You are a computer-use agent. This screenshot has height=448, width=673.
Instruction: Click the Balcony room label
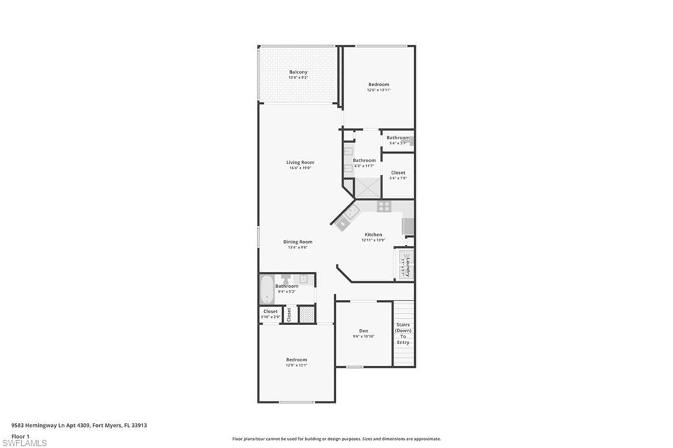point(298,72)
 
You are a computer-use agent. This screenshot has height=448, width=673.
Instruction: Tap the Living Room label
point(300,162)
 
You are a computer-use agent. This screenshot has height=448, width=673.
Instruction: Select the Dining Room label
point(298,242)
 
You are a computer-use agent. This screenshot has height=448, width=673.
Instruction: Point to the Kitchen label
point(373,235)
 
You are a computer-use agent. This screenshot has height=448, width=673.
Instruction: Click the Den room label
point(363,330)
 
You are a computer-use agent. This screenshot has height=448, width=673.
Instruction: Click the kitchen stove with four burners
point(384,207)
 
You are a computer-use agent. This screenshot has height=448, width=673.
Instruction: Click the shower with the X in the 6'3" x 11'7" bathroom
point(368,187)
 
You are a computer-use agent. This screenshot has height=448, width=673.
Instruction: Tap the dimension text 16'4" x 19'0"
point(300,168)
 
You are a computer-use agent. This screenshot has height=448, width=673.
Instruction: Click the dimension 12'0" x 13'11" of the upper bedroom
point(379,90)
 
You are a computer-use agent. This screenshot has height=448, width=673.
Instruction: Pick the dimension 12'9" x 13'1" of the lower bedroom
point(296,365)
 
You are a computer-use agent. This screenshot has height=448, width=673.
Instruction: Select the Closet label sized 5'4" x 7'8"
point(398,173)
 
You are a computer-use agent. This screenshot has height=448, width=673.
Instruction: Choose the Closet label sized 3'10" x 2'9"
point(270,311)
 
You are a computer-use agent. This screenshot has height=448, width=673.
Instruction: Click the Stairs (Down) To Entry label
point(403,334)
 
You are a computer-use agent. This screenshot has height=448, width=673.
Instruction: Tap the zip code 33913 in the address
point(139,425)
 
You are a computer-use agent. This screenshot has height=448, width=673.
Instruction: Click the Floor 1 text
point(21,436)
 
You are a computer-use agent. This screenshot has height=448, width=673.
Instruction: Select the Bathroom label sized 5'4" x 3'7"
point(398,137)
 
